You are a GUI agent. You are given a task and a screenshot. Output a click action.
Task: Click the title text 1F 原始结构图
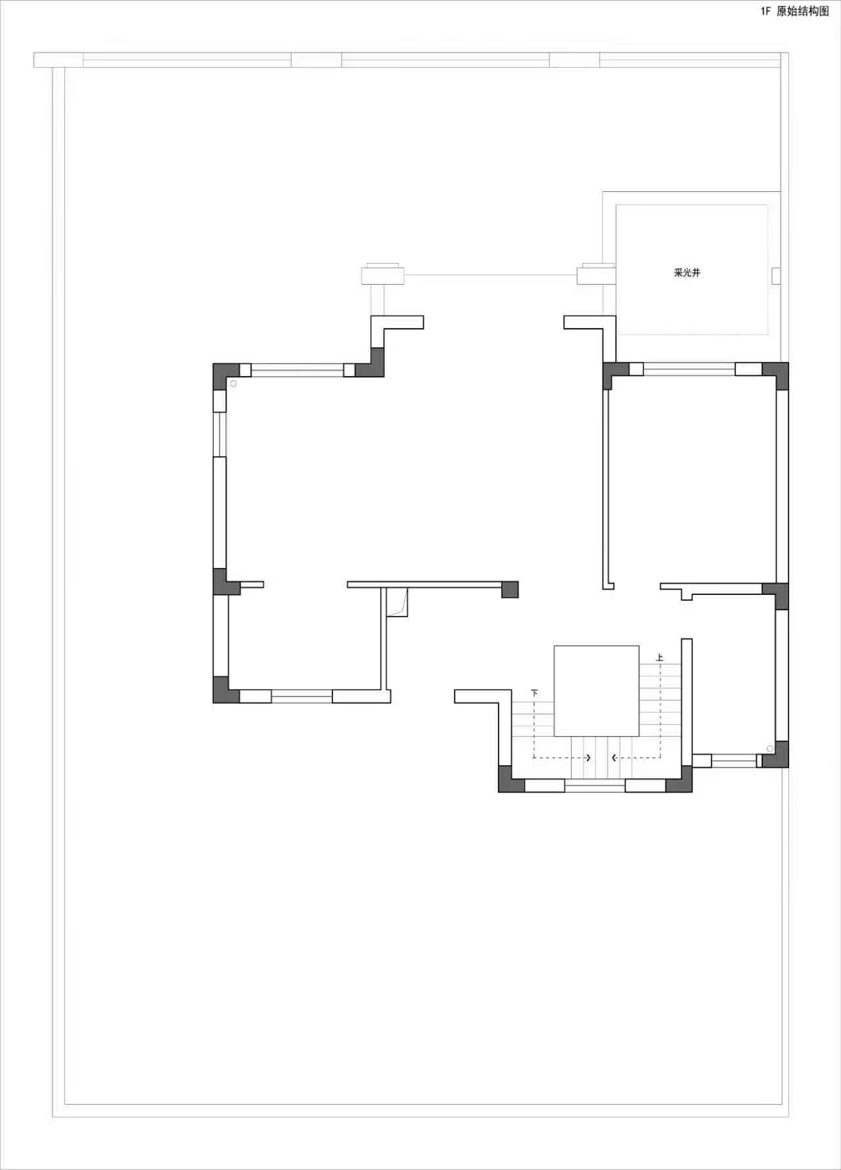[x=795, y=11]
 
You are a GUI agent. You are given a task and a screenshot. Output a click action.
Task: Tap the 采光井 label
[x=687, y=272]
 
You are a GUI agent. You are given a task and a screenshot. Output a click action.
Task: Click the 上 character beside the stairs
[x=660, y=657]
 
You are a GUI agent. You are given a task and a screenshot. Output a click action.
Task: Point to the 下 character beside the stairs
[x=534, y=693]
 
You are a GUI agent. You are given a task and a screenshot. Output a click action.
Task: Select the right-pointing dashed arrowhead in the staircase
[x=588, y=758]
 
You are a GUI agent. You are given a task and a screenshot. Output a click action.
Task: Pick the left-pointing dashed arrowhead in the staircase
[x=614, y=758]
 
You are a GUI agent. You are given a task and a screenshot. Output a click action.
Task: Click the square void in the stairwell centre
[x=597, y=691]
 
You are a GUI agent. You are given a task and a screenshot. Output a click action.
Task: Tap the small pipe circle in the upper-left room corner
[x=233, y=383]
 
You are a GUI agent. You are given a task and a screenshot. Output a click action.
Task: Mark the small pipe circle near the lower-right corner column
[x=769, y=749]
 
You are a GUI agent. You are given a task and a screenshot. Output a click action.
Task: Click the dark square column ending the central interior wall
[x=510, y=590]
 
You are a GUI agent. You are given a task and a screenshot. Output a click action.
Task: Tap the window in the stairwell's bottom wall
[x=595, y=785]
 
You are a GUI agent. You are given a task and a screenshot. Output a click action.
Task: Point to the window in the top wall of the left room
[x=297, y=370]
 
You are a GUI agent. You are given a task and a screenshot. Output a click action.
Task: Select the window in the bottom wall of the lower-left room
[x=302, y=696]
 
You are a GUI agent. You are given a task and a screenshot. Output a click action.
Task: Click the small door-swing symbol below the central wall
[x=398, y=603]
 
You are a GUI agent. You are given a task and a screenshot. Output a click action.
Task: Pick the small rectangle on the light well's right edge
[x=776, y=276]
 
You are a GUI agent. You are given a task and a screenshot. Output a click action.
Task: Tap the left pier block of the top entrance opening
[x=382, y=274]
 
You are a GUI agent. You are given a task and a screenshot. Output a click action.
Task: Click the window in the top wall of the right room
[x=689, y=369]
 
